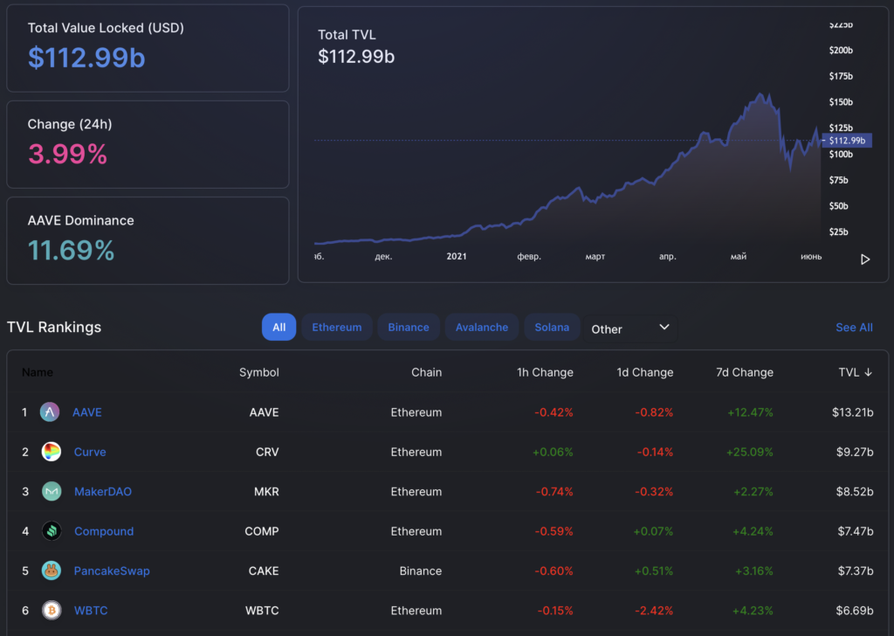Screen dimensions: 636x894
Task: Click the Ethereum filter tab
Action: click(337, 328)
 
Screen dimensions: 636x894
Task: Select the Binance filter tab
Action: click(409, 328)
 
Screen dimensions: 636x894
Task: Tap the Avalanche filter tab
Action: click(482, 328)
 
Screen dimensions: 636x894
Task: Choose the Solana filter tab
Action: click(552, 328)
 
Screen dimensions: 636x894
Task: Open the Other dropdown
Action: click(629, 328)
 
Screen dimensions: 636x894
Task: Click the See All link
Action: click(854, 328)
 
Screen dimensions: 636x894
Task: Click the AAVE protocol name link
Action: click(87, 412)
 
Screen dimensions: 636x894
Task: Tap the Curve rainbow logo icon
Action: click(52, 452)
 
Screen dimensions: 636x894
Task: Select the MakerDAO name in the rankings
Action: click(103, 492)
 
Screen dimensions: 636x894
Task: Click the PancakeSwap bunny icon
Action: click(52, 570)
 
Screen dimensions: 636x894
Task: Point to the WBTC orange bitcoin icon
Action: click(52, 611)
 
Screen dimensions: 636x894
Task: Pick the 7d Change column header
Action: click(745, 372)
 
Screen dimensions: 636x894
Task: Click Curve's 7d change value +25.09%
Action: click(750, 453)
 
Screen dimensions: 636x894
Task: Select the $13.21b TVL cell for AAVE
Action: click(853, 412)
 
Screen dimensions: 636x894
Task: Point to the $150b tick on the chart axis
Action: click(841, 102)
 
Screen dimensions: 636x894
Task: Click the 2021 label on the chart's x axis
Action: click(457, 257)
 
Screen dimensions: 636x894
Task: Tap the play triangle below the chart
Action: click(865, 259)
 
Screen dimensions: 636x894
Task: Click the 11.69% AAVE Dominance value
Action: click(72, 252)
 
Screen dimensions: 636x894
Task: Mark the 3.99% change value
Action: click(68, 155)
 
